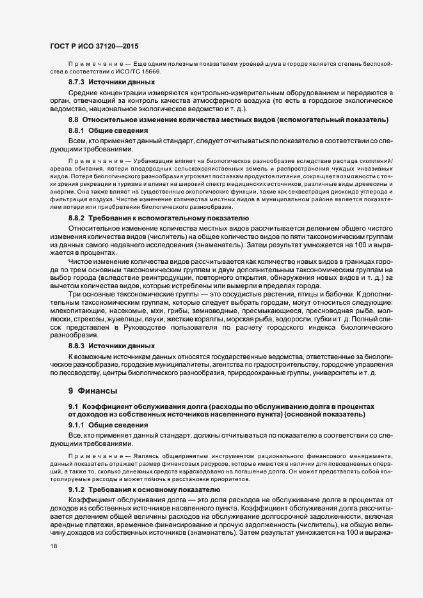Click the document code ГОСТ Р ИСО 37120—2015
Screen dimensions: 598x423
click(x=95, y=47)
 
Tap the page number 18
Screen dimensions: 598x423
click(x=54, y=547)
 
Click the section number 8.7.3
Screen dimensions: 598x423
click(x=77, y=83)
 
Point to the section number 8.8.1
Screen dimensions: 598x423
click(x=77, y=130)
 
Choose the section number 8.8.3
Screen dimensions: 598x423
click(x=77, y=345)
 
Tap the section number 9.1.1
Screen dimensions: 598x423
click(x=77, y=425)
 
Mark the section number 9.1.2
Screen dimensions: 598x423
click(x=77, y=488)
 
